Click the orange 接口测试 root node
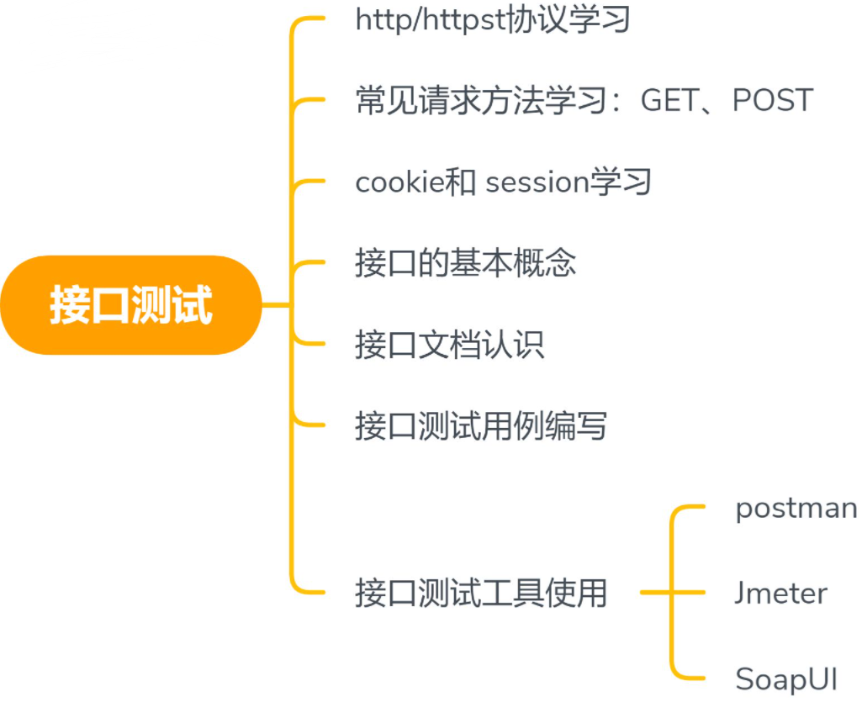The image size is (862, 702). pos(131,304)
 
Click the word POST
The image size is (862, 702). pos(773,101)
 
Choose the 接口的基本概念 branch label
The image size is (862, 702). pos(465,263)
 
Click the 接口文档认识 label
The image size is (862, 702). pos(449,345)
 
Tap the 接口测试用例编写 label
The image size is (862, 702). pos(480,426)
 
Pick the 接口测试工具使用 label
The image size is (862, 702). pos(480,593)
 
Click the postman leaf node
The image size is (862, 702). pos(796,508)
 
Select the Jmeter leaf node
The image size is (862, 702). pos(780,593)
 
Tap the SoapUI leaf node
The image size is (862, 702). pos(786,678)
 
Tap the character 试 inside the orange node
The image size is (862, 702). pos(193,304)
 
